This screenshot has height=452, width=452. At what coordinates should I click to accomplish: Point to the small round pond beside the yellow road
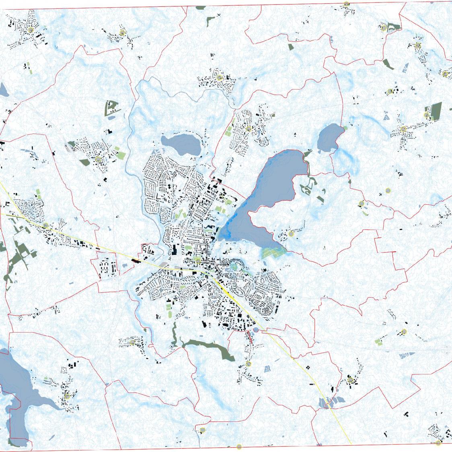tap(256, 330)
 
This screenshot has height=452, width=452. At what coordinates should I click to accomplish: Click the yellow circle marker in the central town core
tap(197, 260)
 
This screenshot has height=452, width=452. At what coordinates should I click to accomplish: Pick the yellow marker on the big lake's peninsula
tap(291, 234)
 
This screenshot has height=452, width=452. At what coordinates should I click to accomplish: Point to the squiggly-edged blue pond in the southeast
tap(407, 355)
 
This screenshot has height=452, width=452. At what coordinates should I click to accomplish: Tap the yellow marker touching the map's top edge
tap(346, 4)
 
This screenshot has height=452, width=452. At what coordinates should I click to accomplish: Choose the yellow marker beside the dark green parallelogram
tap(426, 115)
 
